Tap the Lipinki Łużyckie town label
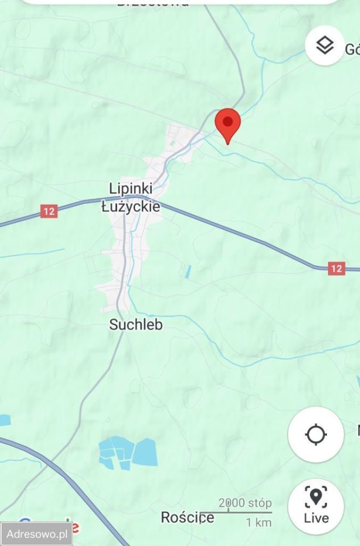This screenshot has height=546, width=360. [131, 197]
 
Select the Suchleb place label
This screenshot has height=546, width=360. [136, 325]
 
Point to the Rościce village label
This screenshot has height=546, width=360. [188, 518]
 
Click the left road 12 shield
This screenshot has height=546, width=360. [49, 212]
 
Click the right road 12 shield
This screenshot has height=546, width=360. [337, 268]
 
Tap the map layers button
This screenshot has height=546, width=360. [324, 45]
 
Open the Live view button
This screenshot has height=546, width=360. [316, 506]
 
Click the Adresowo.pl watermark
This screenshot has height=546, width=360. [36, 534]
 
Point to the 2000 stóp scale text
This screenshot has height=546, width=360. [245, 503]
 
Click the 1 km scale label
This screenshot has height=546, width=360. [258, 522]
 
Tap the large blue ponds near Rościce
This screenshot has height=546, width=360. [127, 453]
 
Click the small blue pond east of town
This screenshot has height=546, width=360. [188, 271]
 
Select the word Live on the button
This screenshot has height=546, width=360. [316, 518]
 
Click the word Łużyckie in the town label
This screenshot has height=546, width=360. [131, 206]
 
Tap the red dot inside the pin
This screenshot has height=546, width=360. [227, 121]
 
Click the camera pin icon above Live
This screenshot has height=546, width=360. [316, 497]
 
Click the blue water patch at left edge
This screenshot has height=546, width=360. [5, 420]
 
